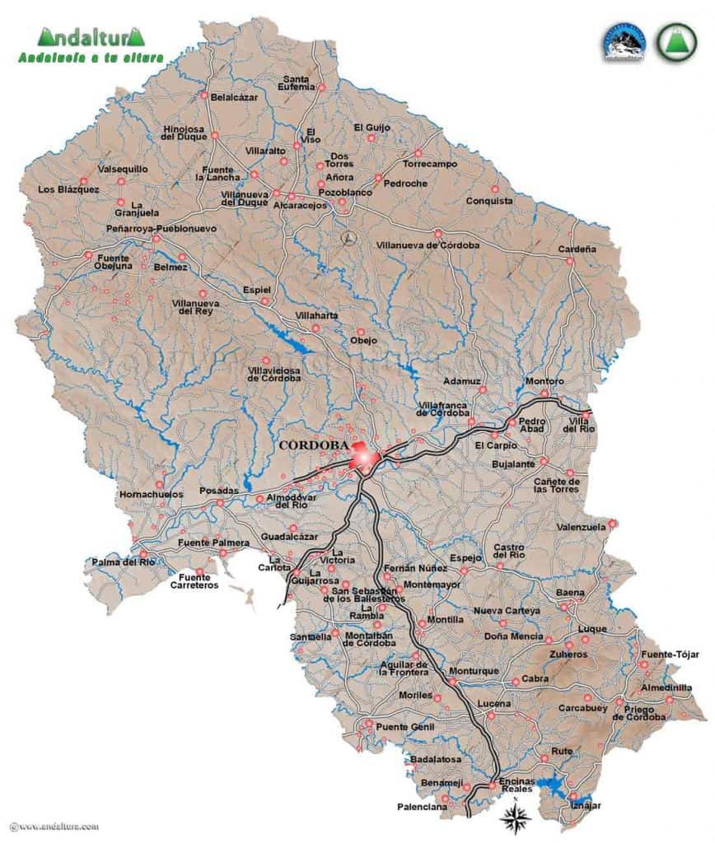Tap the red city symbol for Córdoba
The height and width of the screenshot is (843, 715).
click(362, 455)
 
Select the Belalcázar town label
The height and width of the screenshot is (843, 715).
click(235, 97)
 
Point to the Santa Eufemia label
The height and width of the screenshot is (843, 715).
click(298, 82)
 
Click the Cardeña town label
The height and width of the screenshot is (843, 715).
click(577, 248)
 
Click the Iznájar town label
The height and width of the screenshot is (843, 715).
click(586, 804)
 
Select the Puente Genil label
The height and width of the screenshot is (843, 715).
click(404, 726)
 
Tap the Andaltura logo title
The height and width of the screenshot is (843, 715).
click(91, 37)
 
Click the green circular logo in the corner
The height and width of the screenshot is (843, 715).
click(675, 40)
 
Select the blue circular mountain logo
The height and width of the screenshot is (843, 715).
click(624, 42)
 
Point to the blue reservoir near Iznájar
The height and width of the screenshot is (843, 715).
click(557, 786)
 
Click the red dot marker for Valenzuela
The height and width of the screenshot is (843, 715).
click(613, 524)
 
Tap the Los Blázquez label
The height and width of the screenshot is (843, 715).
click(68, 189)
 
